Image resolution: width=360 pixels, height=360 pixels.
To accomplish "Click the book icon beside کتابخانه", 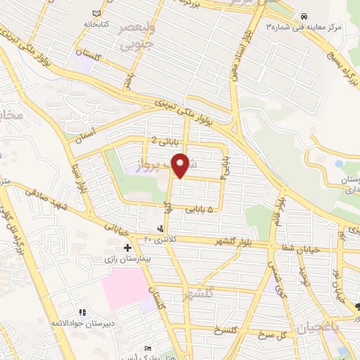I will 96,13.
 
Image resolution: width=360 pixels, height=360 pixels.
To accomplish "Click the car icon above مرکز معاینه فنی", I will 303,15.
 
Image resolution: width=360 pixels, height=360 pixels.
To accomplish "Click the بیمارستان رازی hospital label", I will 127,259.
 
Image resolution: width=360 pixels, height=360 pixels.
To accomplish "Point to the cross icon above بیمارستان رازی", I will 127,248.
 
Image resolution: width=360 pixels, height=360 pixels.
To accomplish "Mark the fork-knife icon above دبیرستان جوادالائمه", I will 82,312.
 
